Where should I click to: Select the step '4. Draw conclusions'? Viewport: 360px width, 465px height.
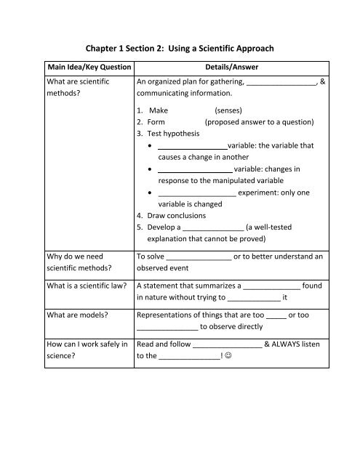click(175, 215)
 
